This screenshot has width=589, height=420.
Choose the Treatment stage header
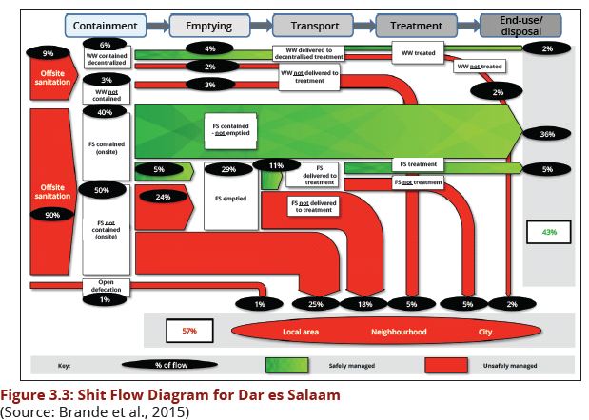pyautogui.click(x=417, y=26)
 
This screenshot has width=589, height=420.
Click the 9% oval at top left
pyautogui.click(x=47, y=54)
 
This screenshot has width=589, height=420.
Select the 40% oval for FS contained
pyautogui.click(x=106, y=112)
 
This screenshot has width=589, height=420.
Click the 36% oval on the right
pyautogui.click(x=547, y=134)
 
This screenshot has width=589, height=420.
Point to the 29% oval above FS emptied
pyautogui.click(x=228, y=169)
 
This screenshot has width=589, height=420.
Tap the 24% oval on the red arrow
pyautogui.click(x=163, y=198)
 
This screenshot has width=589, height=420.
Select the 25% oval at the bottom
pyautogui.click(x=317, y=305)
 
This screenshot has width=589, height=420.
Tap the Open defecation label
pyautogui.click(x=106, y=287)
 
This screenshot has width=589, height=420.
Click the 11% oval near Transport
pyautogui.click(x=276, y=165)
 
